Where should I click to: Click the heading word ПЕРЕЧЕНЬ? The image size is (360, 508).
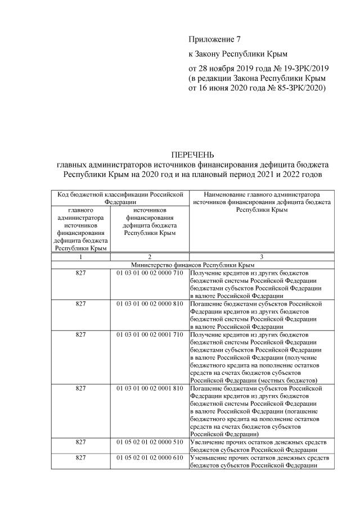193,155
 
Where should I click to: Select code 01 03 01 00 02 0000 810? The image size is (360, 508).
150,303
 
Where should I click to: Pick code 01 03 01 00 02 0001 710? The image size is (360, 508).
150,335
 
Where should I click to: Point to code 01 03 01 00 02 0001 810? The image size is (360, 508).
150,388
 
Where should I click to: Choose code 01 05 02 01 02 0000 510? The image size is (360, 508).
150,442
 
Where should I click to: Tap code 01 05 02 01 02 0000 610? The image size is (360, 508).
150,458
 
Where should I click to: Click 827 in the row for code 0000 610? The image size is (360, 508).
80,458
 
